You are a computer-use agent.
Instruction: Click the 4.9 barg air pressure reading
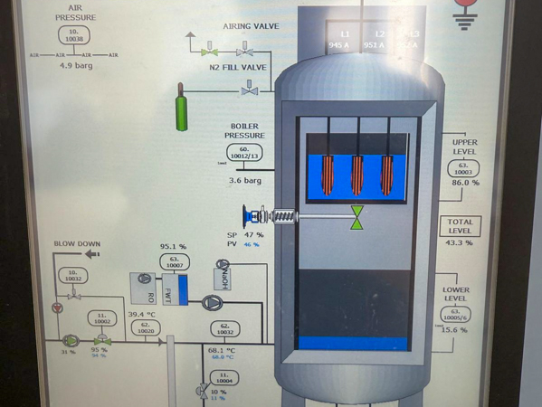(78, 65)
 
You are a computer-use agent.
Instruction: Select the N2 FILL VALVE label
(237, 67)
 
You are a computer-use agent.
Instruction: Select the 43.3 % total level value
(460, 242)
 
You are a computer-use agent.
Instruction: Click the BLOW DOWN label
(77, 243)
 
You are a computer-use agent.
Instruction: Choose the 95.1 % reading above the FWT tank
(173, 245)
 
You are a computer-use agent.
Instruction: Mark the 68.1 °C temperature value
(222, 350)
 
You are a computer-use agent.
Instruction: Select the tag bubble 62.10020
(147, 330)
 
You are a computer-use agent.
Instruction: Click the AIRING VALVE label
(252, 26)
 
